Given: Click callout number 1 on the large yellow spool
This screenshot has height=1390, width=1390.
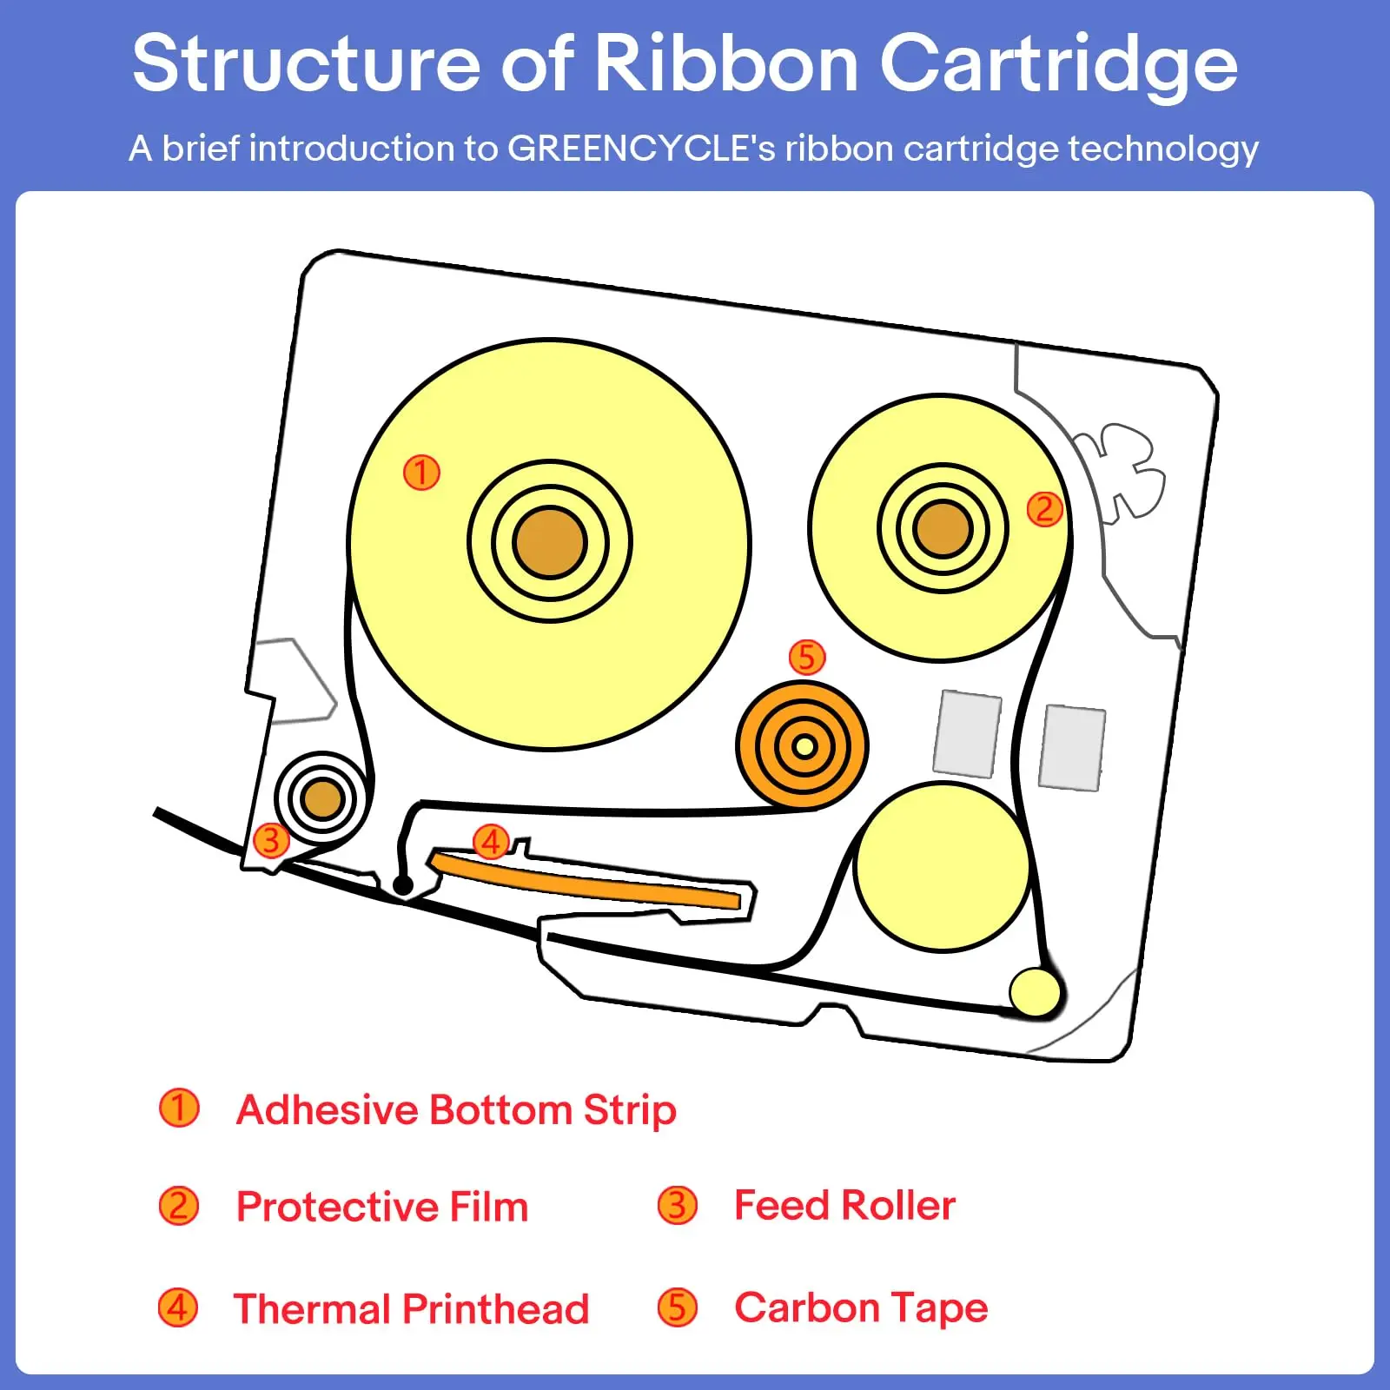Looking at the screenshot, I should coord(421,473).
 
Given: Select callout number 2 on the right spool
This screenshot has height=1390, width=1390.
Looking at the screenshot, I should coord(1044,509).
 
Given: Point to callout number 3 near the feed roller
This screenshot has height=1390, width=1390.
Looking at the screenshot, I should coord(270,840).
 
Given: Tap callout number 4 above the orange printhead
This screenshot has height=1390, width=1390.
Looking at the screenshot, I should coord(491,841).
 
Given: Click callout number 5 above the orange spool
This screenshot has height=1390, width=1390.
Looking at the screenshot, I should coord(806,658).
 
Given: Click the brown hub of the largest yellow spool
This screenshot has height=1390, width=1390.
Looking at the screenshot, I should coord(550,542).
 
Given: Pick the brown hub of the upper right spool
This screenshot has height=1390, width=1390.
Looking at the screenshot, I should coord(943,528).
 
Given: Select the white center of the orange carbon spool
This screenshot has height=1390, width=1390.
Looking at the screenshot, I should coord(804,746).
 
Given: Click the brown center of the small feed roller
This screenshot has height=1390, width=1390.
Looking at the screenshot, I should coord(322,798).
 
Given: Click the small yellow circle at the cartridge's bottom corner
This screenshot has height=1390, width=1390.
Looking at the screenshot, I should coord(1035,991).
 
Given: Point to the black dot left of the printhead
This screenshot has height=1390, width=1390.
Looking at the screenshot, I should coord(402,885).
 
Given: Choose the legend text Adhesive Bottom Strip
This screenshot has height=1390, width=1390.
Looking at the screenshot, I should coord(456,1110).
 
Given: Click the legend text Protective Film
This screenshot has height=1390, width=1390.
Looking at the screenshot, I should coord(382,1207).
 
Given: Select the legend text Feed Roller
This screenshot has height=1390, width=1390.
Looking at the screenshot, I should coord(844,1206).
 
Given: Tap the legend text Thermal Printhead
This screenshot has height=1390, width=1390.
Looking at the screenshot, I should coord(411,1309).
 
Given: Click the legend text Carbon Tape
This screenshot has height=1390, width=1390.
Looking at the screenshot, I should coord(861,1307).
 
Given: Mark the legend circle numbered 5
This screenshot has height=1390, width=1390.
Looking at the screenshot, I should coord(678,1307).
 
